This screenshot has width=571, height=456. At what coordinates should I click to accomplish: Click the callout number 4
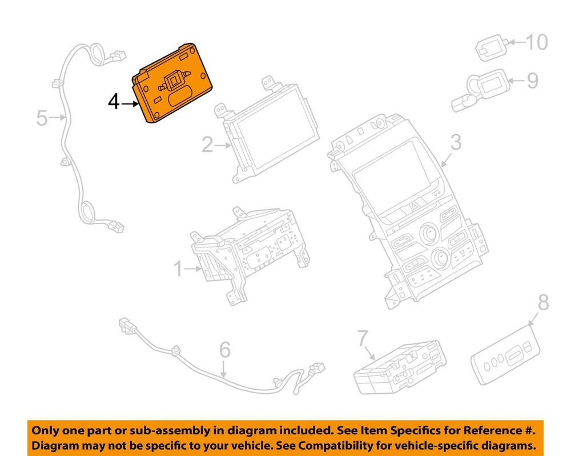point(114,102)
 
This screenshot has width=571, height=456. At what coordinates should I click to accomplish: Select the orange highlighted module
point(172,83)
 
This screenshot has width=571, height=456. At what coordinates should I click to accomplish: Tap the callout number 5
point(42,118)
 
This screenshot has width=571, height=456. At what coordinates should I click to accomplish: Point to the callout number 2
point(207,145)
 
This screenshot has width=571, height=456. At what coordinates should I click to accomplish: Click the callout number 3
point(456,142)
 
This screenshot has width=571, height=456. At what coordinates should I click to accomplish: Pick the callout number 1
point(178,269)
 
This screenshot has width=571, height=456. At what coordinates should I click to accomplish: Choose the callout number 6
point(224,350)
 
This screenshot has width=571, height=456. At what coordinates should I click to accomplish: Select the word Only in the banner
point(45,430)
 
